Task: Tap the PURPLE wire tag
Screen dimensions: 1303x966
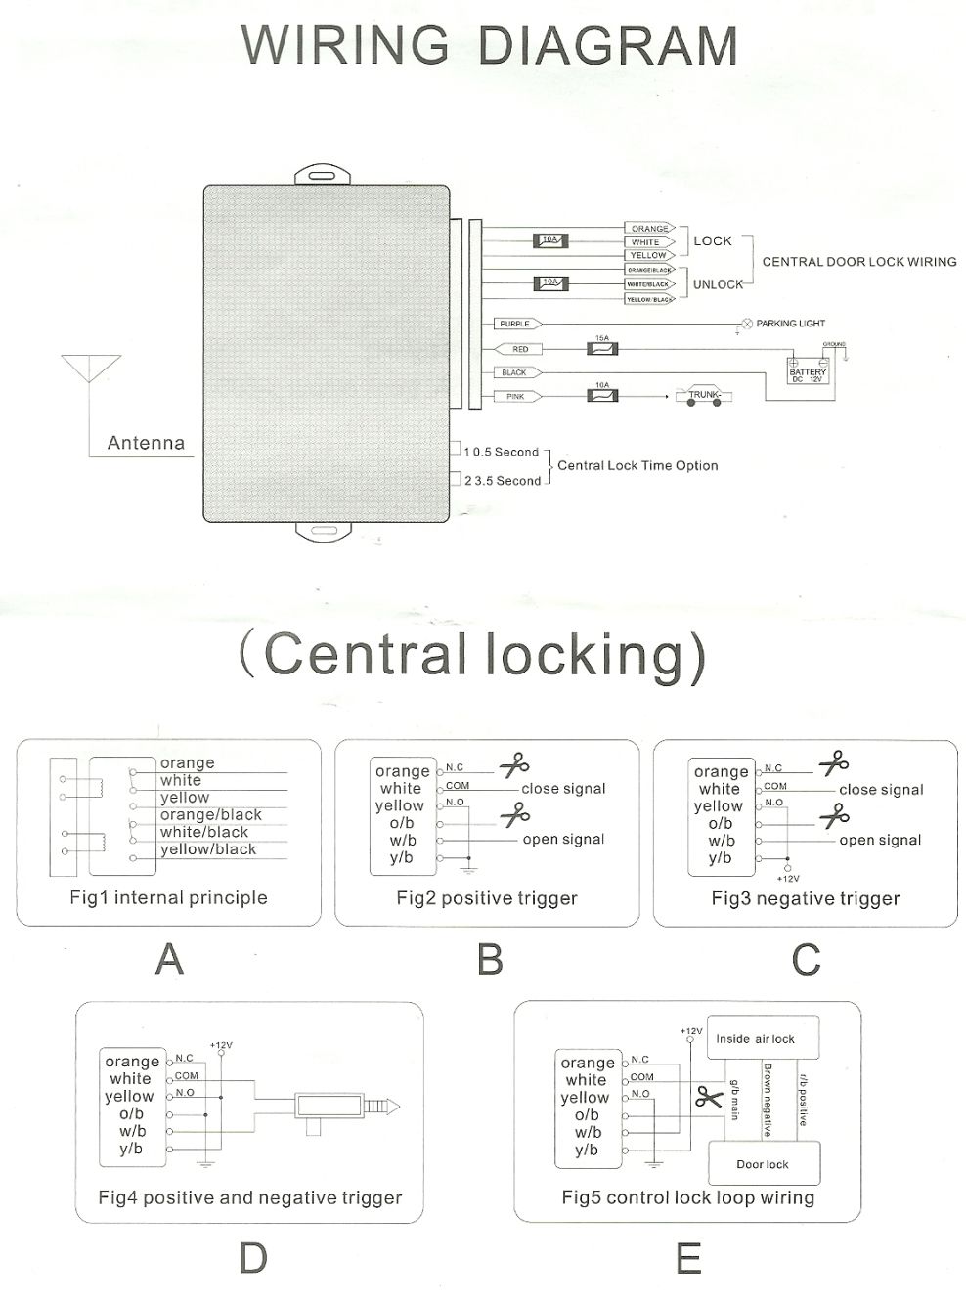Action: (515, 324)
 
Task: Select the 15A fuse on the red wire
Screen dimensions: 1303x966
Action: (600, 348)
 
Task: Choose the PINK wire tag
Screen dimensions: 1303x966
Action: (515, 397)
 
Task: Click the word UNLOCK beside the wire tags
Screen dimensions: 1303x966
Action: (718, 284)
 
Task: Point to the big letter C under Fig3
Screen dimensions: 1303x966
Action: (806, 960)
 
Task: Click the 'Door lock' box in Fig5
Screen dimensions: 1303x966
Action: (763, 1164)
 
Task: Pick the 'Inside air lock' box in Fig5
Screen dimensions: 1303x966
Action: (755, 1039)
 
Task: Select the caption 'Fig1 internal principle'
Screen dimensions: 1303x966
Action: (168, 897)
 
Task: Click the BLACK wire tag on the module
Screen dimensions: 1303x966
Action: (514, 372)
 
